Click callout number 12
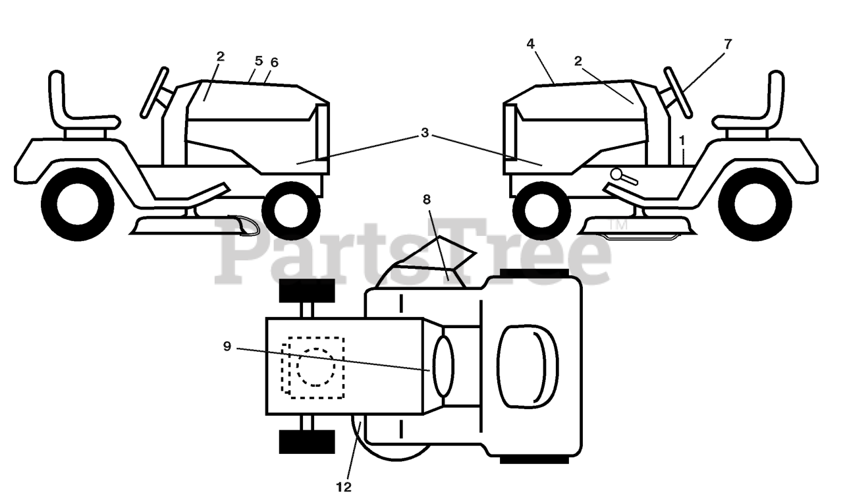point(343,487)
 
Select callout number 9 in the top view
point(227,346)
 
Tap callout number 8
point(426,198)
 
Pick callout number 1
point(682,140)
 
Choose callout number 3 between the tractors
point(425,133)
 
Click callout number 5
point(258,61)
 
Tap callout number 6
point(274,63)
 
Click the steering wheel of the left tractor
point(155,93)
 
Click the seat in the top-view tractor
point(527,366)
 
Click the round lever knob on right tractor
point(618,175)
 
